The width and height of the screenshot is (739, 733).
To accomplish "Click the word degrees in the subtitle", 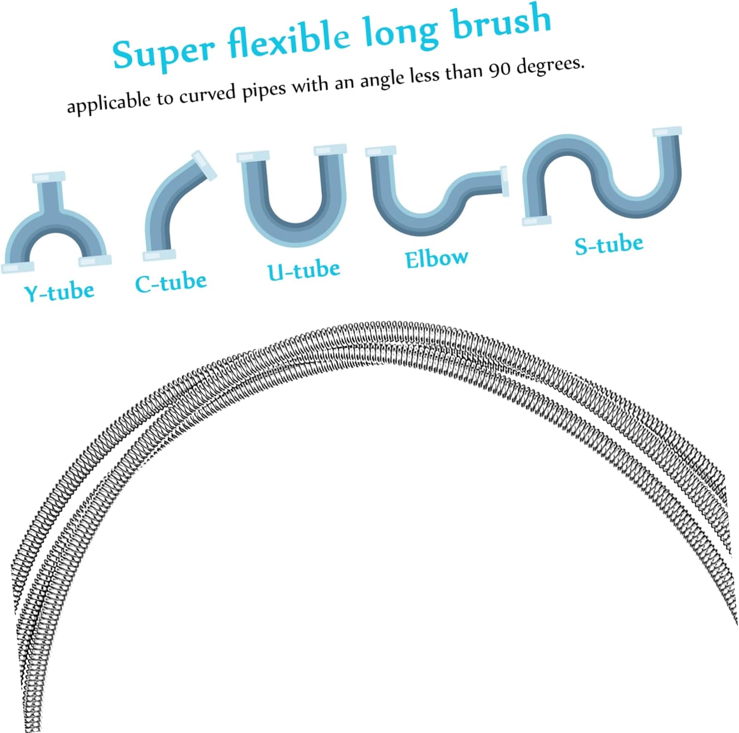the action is [550, 66].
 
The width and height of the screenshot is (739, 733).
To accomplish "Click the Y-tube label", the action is [59, 292].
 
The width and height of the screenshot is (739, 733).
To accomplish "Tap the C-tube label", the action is [170, 283].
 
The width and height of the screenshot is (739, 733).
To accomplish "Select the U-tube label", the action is [303, 270].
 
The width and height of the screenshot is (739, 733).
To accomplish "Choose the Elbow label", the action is [436, 258].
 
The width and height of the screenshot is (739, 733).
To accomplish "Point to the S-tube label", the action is [609, 245].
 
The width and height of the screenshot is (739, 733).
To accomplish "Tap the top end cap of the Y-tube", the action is [48, 177].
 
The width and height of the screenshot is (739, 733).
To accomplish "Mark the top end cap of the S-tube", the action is [668, 131].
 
